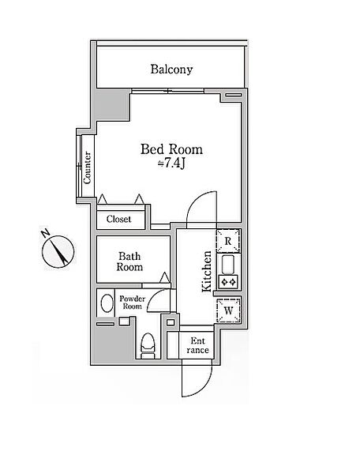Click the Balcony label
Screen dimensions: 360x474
click(171, 70)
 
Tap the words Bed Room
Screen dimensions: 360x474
click(171, 149)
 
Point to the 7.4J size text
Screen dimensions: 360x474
click(171, 164)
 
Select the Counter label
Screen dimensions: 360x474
click(88, 167)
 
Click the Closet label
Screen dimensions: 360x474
click(118, 219)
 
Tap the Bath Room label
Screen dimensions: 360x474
click(129, 261)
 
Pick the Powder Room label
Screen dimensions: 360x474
click(133, 303)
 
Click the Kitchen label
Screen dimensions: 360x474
click(207, 272)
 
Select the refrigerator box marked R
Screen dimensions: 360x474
click(228, 241)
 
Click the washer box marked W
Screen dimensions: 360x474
click(229, 310)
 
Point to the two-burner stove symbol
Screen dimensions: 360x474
click(228, 282)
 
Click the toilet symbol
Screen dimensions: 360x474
click(148, 346)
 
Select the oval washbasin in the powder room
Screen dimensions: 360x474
click(107, 303)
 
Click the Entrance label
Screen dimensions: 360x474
click(197, 345)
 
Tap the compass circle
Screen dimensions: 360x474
click(58, 251)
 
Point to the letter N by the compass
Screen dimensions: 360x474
click(45, 233)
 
